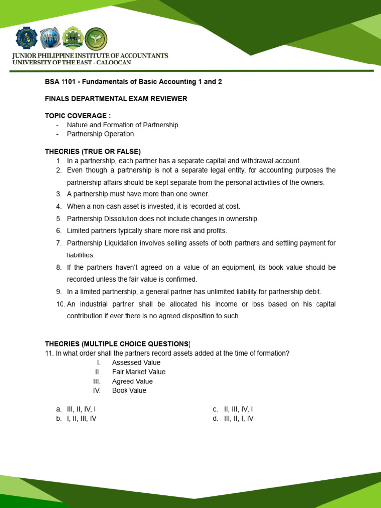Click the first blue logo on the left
coord(27,39)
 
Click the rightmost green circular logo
coord(96,39)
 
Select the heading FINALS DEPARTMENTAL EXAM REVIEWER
coord(116,99)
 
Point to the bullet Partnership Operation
coord(100,134)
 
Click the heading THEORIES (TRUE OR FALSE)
coord(93,151)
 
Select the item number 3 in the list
coord(59,194)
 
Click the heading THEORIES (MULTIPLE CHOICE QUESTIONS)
coord(118,344)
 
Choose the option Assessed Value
coord(136,363)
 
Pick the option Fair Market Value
coord(138,372)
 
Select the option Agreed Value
coord(132,381)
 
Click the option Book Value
coord(129,390)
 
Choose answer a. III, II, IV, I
coord(81,409)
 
